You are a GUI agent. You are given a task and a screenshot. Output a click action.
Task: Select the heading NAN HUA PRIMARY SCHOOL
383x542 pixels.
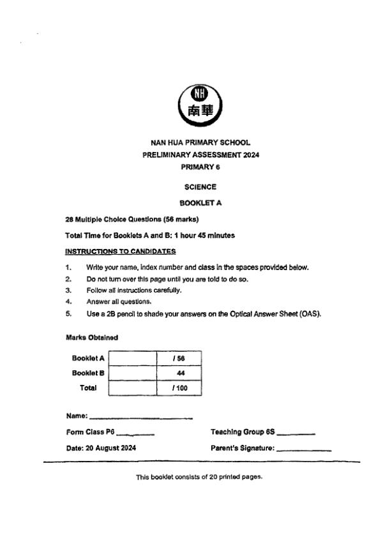pos(200,143)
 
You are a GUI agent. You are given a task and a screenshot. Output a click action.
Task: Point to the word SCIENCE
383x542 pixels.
pos(200,187)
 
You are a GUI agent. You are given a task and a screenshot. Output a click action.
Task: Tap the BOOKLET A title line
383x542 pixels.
pos(200,203)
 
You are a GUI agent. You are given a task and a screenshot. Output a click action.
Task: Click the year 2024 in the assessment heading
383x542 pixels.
pos(250,154)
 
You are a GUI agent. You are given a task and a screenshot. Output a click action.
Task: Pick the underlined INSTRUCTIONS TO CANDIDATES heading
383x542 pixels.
pos(120,251)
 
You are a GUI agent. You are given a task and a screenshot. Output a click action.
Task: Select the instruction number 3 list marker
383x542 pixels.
pos(68,290)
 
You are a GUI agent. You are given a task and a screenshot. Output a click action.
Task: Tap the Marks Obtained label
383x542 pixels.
pos(91,337)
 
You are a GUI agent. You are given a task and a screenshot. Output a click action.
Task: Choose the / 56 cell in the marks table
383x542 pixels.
pos(179,359)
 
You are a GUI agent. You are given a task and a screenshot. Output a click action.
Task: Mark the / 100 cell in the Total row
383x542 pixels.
pos(179,387)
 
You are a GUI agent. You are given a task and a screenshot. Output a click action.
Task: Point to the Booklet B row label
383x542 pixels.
pos(88,373)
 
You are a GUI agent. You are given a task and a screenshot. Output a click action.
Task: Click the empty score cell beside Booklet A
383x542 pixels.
pos(133,359)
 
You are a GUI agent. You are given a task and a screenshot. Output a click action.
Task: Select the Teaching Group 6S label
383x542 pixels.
pos(243,432)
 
